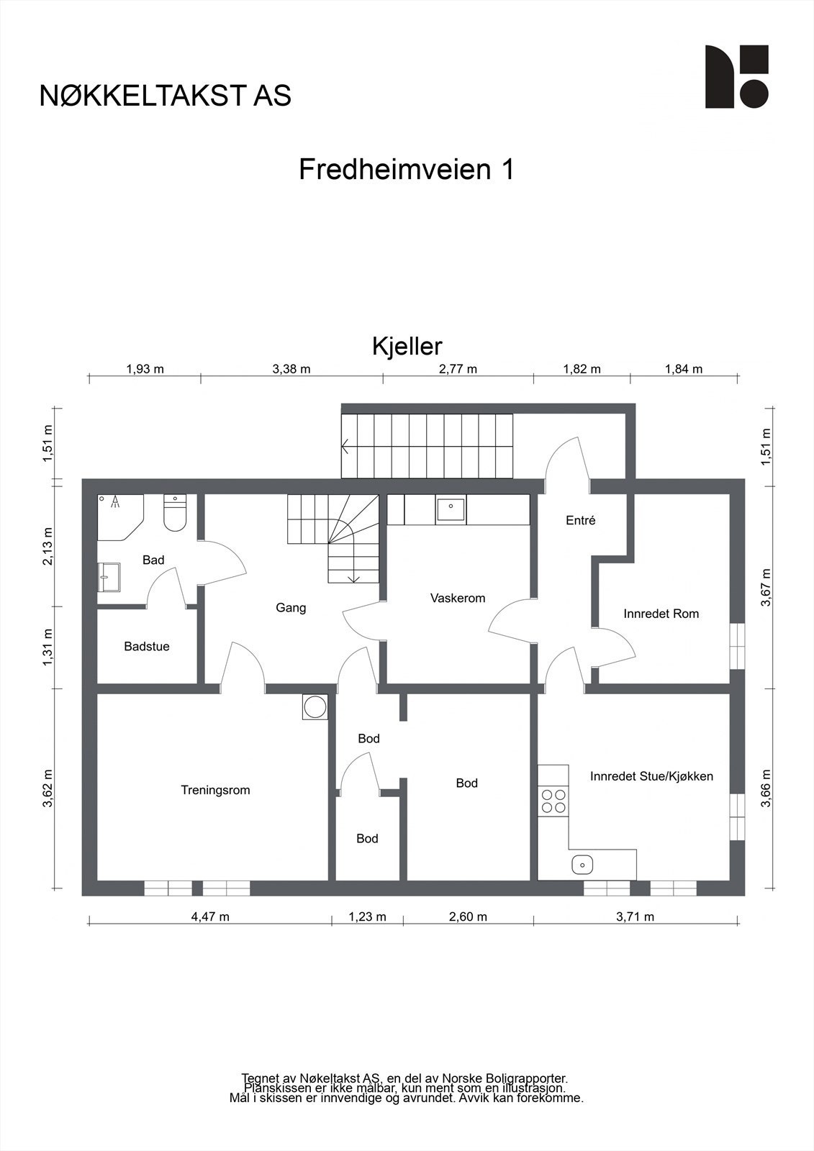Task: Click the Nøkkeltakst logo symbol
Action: pos(736,77)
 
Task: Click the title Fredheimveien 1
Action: pos(406,170)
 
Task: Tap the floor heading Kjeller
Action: pos(407,346)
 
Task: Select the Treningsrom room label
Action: pos(215,790)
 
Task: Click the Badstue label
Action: pos(147,646)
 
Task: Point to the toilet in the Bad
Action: pos(175,512)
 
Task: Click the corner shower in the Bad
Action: pos(118,514)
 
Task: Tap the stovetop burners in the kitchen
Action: pos(553,801)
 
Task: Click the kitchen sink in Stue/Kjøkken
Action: pos(582,864)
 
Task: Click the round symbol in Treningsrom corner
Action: pos(315,706)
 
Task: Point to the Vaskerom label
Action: pos(458,598)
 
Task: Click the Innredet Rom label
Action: pos(661,614)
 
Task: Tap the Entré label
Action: pos(580,520)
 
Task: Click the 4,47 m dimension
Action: pos(210,916)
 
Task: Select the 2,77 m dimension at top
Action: pos(458,369)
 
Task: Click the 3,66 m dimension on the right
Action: pos(766,788)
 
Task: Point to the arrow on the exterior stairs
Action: pos(347,447)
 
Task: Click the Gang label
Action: pos(291,608)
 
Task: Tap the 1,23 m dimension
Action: pos(367,916)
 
